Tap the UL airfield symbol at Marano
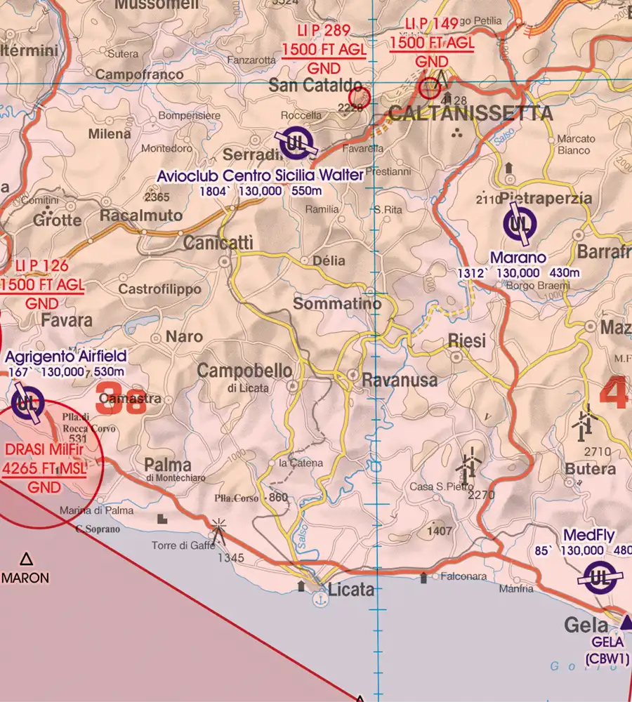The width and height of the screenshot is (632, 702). click(520, 225)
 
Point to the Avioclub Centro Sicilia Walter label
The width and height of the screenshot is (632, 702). click(260, 175)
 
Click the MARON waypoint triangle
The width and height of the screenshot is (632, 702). click(26, 559)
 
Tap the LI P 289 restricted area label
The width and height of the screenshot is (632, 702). click(324, 32)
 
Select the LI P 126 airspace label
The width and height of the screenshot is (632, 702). click(42, 265)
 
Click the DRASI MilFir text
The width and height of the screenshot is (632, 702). click(44, 450)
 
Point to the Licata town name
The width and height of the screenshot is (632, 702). click(351, 590)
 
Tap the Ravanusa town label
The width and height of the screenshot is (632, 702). click(400, 380)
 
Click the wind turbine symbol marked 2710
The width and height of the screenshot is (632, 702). click(584, 420)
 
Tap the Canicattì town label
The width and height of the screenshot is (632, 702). click(218, 243)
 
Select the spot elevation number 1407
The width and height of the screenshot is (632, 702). click(440, 531)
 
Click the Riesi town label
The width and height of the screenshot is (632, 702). click(466, 341)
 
